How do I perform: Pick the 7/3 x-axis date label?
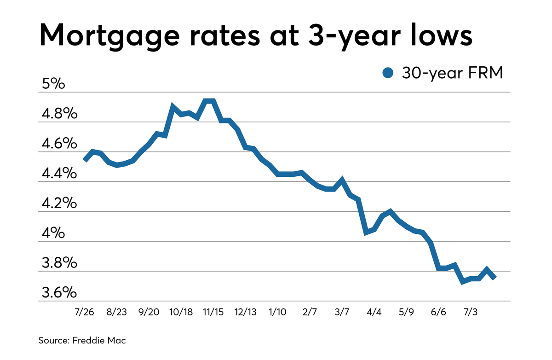click(x=470, y=312)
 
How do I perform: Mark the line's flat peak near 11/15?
click(x=209, y=101)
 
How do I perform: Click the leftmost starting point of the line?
click(x=85, y=160)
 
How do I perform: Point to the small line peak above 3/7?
click(x=342, y=180)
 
